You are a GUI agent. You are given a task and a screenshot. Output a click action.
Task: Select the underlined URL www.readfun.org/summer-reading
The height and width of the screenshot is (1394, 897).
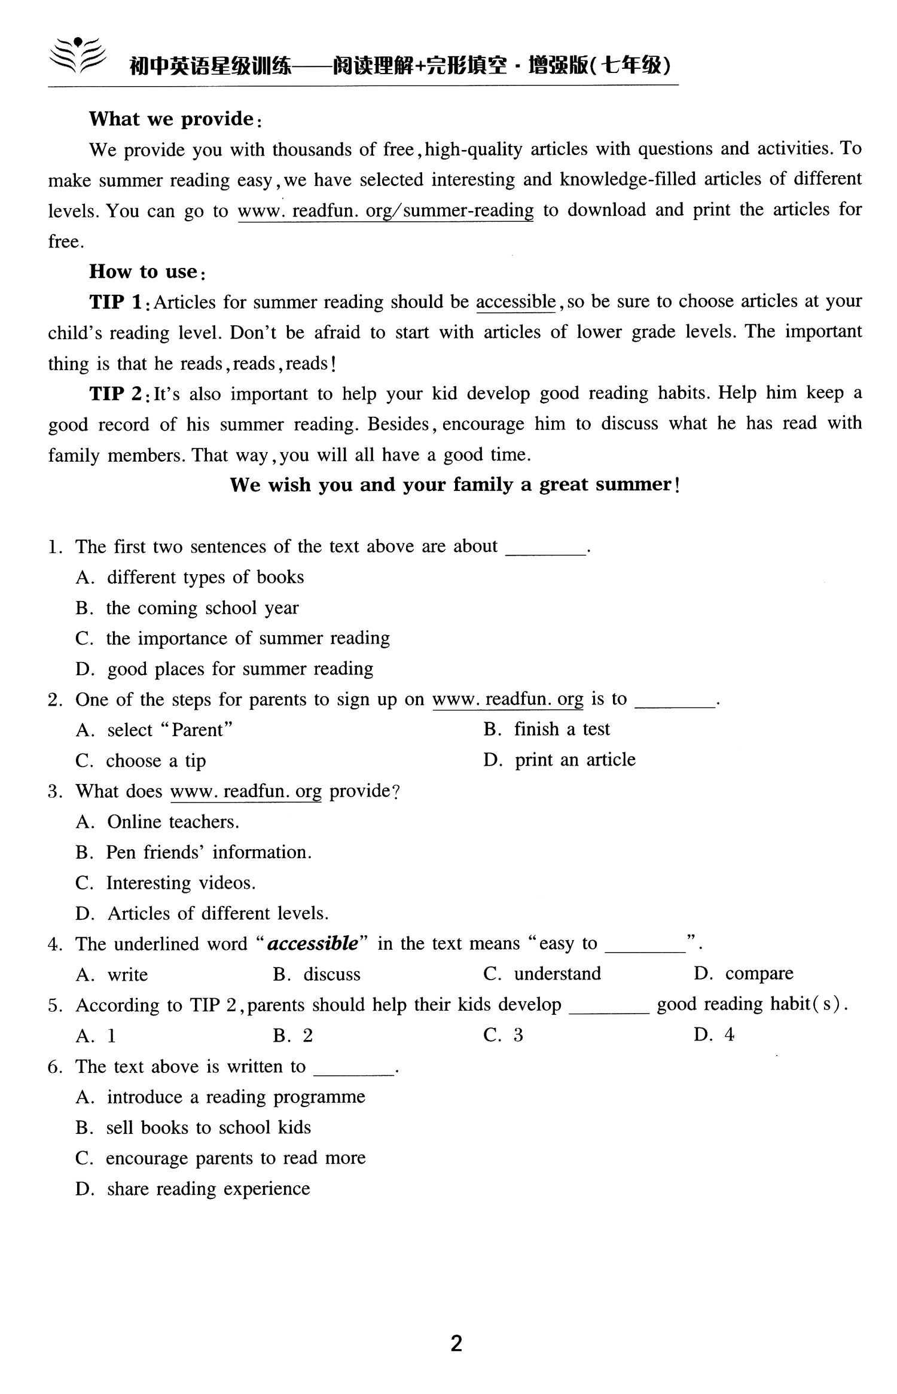click(x=386, y=211)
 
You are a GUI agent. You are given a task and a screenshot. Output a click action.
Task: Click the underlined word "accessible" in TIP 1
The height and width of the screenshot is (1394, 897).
click(x=516, y=301)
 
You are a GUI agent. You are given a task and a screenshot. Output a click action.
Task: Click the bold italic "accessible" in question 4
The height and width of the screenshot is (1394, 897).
click(x=313, y=944)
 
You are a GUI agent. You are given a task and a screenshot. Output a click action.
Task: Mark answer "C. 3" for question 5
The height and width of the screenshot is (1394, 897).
click(x=504, y=1035)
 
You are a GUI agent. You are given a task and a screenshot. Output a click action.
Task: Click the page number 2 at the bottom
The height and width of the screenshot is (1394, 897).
click(x=456, y=1344)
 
